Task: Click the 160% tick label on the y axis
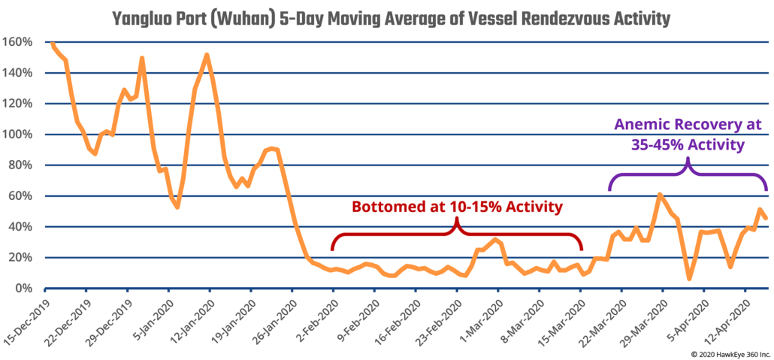[17, 43]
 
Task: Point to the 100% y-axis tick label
[17, 135]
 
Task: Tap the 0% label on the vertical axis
[23, 289]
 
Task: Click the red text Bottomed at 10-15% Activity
[458, 206]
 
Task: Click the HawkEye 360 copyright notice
[724, 352]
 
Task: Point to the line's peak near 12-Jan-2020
[207, 55]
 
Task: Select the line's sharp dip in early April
[688, 279]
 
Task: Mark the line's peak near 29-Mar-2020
[659, 195]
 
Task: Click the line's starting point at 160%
[51, 44]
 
